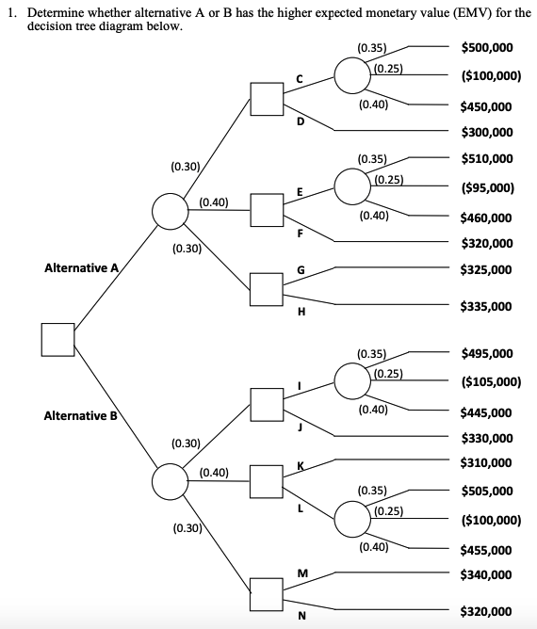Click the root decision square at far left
coord(57,339)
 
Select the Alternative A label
coord(82,268)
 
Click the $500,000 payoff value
coord(486,47)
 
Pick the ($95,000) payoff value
coord(486,187)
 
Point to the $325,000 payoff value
coord(486,269)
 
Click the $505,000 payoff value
coord(486,491)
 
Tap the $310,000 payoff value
coord(486,462)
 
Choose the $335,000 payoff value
coord(486,306)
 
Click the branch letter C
coord(301,80)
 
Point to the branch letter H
coord(301,311)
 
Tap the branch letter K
coord(301,466)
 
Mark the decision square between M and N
coord(267,592)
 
